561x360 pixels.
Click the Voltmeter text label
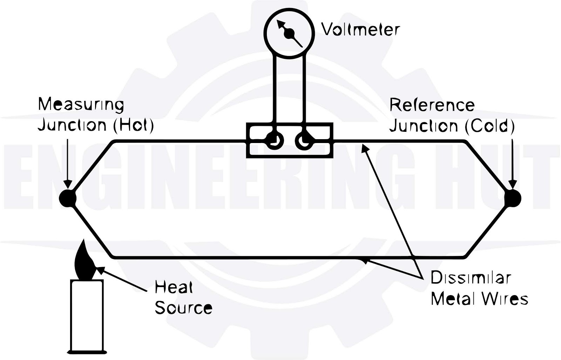click(361, 29)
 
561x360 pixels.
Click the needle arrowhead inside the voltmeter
click(280, 24)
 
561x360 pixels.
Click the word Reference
click(432, 105)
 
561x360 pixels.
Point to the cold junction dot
click(513, 198)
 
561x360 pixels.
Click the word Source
click(183, 308)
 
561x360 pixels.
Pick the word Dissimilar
click(471, 278)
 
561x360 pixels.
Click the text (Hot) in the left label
click(134, 125)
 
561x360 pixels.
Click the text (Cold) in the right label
click(490, 126)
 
